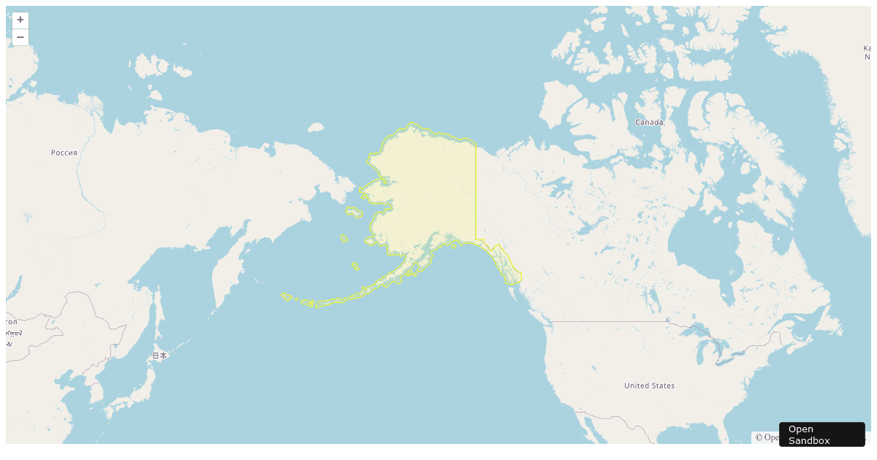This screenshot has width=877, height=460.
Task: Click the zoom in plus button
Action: click(x=20, y=20)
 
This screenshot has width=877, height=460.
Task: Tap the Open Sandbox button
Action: click(x=821, y=434)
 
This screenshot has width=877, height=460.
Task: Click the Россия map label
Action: click(x=64, y=153)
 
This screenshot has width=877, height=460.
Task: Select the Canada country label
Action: click(x=649, y=122)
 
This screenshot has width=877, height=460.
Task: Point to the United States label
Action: click(x=649, y=386)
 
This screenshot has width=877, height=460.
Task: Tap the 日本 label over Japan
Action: click(x=159, y=356)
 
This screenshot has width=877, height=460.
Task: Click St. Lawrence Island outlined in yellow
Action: click(x=354, y=212)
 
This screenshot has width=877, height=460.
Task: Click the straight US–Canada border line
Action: click(x=607, y=321)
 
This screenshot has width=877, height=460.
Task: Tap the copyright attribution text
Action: click(x=766, y=437)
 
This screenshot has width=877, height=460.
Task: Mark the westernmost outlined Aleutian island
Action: click(x=286, y=296)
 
